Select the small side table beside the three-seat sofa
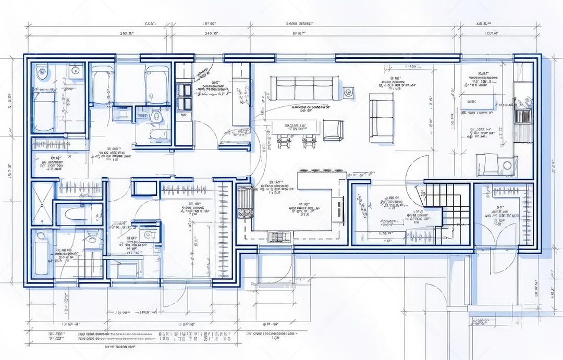[348, 91]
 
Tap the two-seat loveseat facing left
[382, 118]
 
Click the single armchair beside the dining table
[333, 130]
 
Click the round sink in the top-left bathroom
[75, 70]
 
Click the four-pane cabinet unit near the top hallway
[183, 96]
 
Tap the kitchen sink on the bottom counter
[280, 237]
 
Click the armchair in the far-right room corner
[490, 164]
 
